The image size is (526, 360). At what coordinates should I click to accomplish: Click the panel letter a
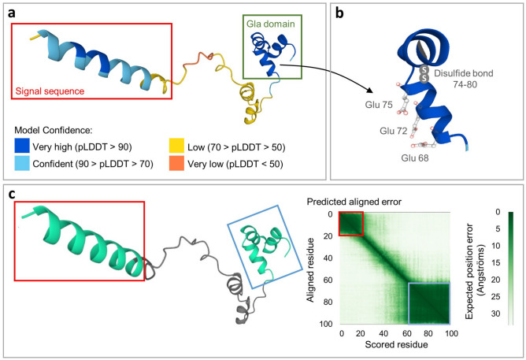click(13, 11)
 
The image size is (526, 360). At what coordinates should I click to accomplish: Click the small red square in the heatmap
click(351, 224)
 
